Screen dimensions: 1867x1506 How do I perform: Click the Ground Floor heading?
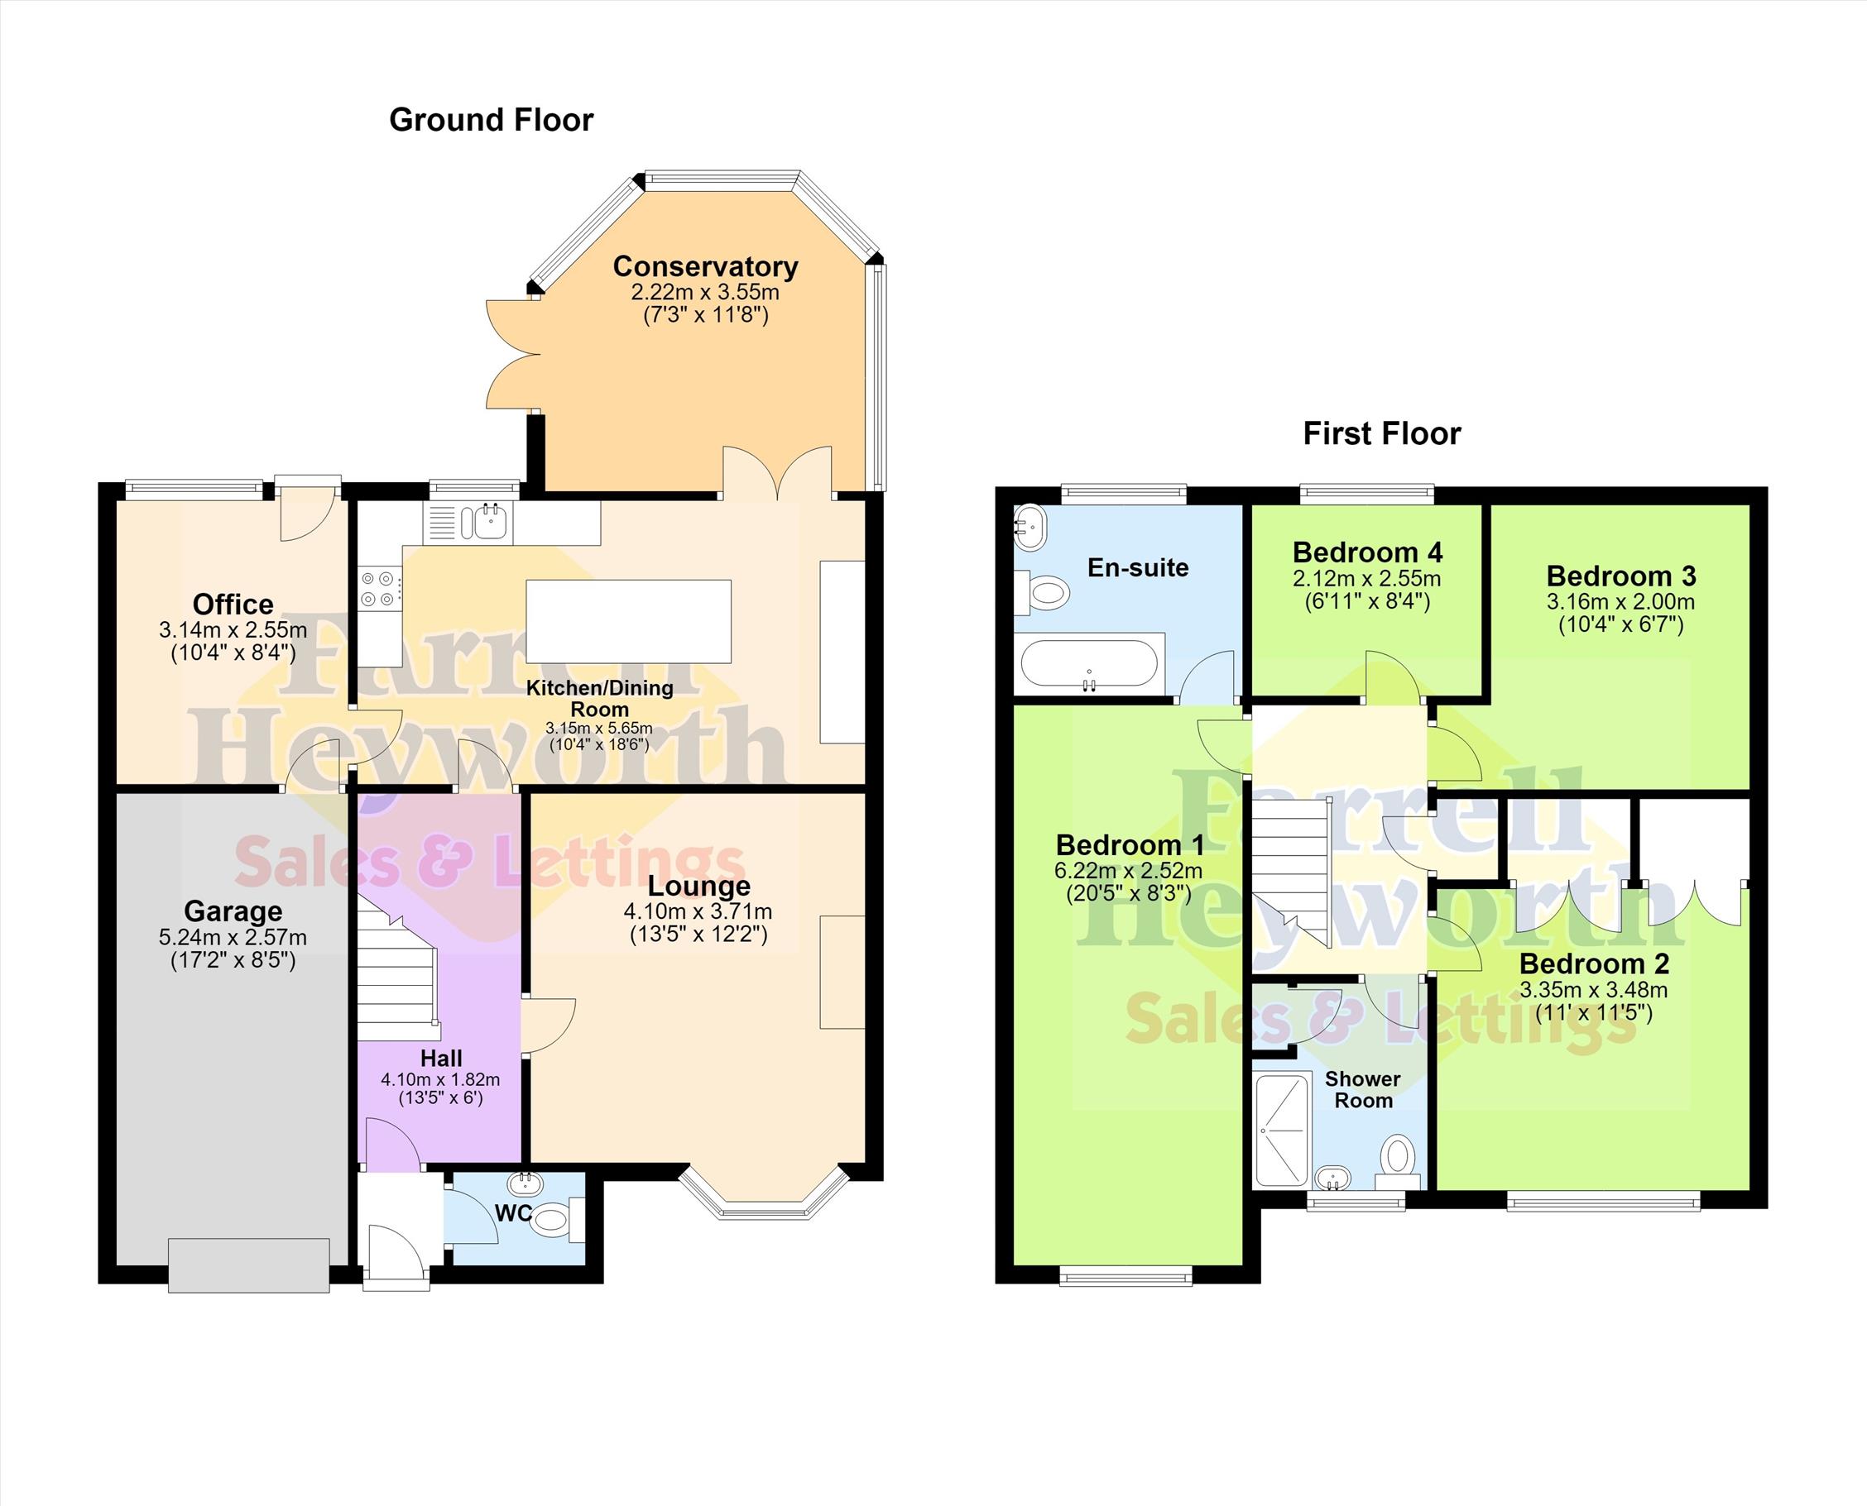point(492,120)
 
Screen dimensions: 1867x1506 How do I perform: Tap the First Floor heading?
point(1382,433)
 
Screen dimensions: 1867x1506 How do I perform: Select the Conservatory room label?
point(705,266)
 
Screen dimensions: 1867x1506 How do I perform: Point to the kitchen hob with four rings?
point(380,587)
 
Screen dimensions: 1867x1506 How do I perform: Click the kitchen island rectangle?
point(628,621)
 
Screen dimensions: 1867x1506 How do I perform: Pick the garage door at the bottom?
point(248,1265)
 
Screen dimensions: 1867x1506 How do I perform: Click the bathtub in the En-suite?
point(1089,666)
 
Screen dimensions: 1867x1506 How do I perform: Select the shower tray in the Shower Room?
point(1281,1130)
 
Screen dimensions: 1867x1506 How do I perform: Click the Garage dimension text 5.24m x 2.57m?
point(233,937)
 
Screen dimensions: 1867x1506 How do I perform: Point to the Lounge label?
point(698,886)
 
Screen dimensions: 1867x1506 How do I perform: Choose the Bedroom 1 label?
point(1130,845)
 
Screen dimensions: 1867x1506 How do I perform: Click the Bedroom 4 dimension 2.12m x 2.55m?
point(1366,579)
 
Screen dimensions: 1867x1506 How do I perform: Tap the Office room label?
point(233,604)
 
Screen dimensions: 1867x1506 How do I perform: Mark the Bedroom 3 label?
point(1620,576)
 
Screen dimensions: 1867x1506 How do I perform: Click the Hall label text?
point(441,1059)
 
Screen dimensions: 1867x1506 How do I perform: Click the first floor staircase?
point(1291,873)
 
